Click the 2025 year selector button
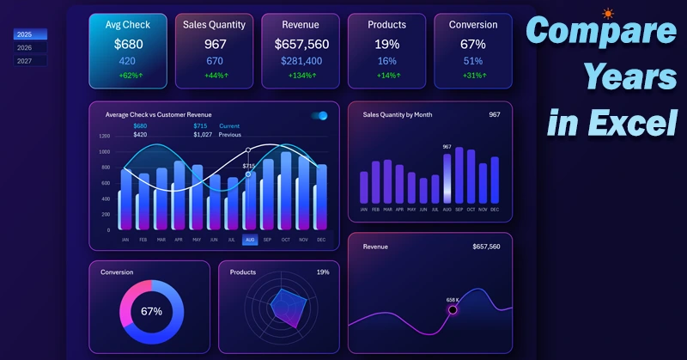(30, 34)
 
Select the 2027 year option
(30, 61)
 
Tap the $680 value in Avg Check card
(127, 44)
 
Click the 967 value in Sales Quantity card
(214, 44)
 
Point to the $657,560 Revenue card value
(301, 44)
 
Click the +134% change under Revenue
(301, 76)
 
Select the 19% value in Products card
(386, 44)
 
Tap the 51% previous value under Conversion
(472, 61)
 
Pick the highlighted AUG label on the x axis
(250, 240)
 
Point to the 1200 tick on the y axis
(104, 136)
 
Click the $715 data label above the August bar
(249, 166)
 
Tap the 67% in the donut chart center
(151, 311)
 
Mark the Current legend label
(229, 126)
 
